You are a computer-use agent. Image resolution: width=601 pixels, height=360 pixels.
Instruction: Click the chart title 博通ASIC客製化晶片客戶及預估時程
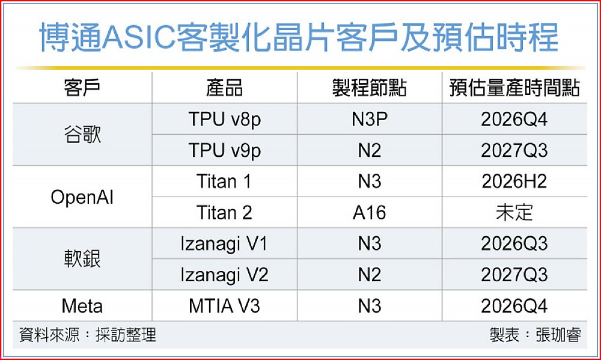click(x=299, y=37)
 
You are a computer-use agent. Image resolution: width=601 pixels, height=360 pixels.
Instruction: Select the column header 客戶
click(x=82, y=88)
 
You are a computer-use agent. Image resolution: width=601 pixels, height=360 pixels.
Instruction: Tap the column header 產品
click(x=225, y=88)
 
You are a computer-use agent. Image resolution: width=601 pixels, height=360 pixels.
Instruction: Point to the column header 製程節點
click(x=370, y=88)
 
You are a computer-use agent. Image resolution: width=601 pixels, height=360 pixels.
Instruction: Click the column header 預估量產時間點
click(x=514, y=88)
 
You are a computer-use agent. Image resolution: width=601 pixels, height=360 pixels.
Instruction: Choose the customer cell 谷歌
click(x=82, y=135)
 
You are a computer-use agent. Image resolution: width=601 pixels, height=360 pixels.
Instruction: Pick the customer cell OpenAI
click(x=82, y=198)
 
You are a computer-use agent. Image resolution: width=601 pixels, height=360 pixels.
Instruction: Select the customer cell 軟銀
click(x=82, y=259)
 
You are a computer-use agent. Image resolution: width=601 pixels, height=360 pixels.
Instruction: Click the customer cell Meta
click(x=82, y=306)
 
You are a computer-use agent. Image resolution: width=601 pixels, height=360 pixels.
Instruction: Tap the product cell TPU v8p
click(x=225, y=120)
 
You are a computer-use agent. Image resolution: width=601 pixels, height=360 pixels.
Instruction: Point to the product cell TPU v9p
click(x=225, y=151)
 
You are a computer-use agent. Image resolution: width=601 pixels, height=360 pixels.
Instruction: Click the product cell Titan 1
click(x=225, y=182)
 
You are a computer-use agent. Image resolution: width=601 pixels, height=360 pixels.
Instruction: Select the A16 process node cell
click(x=370, y=213)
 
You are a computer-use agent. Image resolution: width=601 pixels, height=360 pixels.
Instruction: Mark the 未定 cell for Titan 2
click(x=514, y=213)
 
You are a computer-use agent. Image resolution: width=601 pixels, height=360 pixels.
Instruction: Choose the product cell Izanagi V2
click(x=225, y=275)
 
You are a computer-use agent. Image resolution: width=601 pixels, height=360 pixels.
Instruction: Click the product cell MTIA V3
click(x=225, y=306)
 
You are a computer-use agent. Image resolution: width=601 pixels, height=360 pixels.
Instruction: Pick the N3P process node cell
click(x=370, y=119)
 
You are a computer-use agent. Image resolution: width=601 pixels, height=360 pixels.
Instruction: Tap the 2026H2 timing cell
click(x=514, y=182)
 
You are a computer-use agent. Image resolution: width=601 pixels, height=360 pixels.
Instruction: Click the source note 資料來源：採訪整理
click(x=88, y=335)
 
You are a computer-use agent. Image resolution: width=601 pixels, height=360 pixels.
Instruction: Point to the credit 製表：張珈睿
click(x=535, y=335)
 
